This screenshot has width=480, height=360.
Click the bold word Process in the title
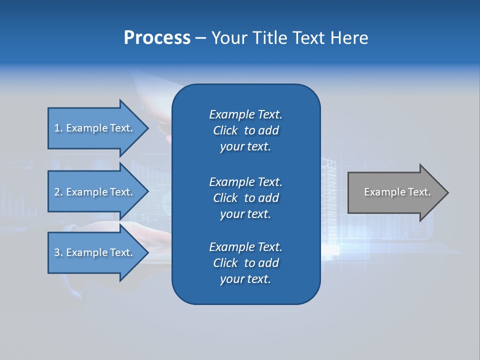(157, 38)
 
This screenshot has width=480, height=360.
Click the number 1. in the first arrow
(58, 128)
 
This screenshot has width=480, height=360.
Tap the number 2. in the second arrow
(58, 192)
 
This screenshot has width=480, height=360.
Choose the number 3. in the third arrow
(58, 252)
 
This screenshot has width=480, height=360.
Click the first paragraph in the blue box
(245, 130)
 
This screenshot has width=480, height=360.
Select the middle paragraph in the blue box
(245, 198)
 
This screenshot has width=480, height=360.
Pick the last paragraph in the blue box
(245, 263)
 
